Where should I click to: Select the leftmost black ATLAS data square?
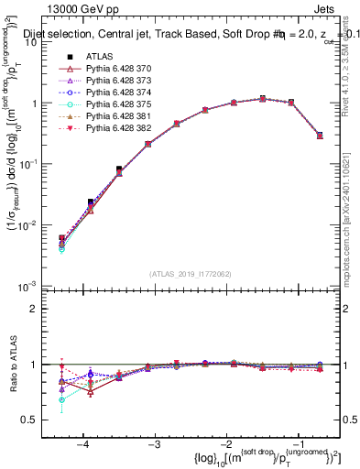[x=61, y=238]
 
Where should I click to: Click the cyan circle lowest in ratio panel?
[x=61, y=399]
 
